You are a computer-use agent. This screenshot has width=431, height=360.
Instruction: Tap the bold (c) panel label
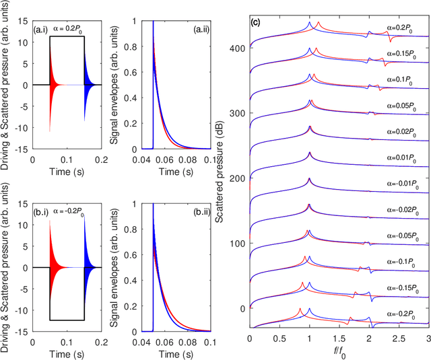(x=255, y=23)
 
